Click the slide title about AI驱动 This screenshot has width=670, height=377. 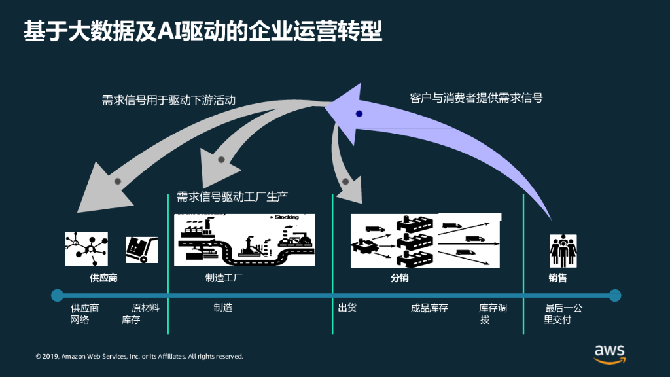[x=203, y=31]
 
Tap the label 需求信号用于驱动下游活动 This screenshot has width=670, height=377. [x=168, y=100]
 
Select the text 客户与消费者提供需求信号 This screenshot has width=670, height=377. [x=476, y=98]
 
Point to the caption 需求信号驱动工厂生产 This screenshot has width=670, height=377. [x=232, y=196]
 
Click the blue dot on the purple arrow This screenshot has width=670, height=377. [x=359, y=114]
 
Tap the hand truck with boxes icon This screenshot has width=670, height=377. [x=141, y=249]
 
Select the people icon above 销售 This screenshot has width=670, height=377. [x=563, y=250]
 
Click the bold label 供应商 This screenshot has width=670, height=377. [x=103, y=278]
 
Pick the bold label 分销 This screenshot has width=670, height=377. [x=400, y=278]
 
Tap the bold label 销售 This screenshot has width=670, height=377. [x=557, y=278]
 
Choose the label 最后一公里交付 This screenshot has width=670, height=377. [x=563, y=314]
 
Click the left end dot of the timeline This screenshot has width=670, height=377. [x=58, y=295]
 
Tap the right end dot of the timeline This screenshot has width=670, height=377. [x=614, y=295]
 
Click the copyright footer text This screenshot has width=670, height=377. [x=139, y=357]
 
